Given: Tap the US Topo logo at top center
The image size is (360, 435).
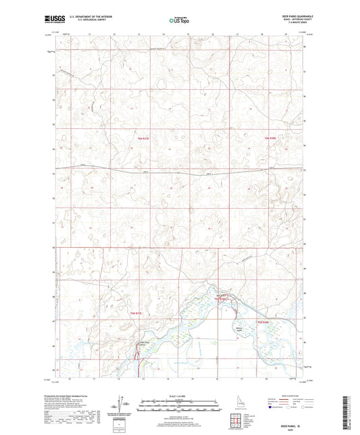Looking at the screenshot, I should click(180, 21).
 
